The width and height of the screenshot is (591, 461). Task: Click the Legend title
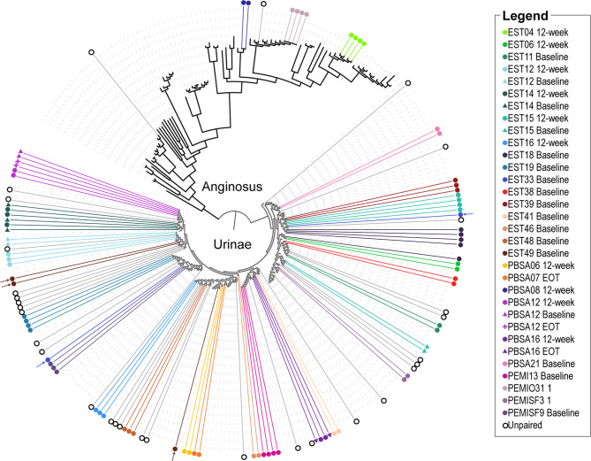point(527,17)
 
